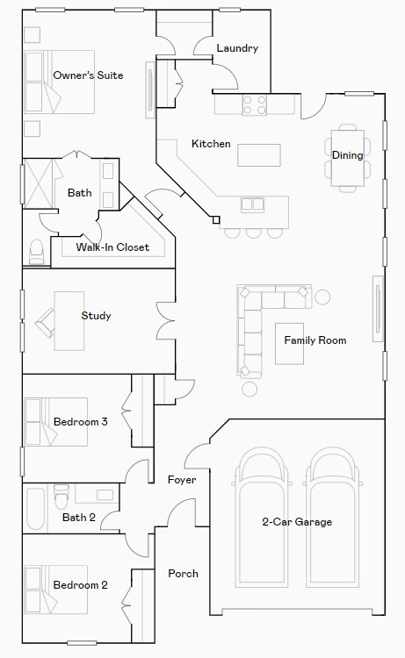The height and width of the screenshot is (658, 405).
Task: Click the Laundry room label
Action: click(x=237, y=48)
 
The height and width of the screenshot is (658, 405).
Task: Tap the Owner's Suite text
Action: click(x=88, y=75)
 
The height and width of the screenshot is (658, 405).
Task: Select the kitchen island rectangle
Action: click(x=259, y=154)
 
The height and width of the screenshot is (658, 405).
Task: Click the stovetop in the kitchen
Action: click(x=255, y=105)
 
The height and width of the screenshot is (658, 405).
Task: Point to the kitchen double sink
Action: click(x=252, y=204)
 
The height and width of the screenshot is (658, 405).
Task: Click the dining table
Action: click(x=347, y=158)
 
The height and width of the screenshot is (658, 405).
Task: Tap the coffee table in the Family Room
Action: click(x=289, y=343)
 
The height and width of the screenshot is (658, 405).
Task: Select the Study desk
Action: click(x=69, y=320)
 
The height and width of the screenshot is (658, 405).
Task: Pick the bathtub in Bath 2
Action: click(x=35, y=509)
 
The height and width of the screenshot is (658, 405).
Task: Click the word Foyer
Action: click(x=182, y=480)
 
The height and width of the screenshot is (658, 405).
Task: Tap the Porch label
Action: click(x=184, y=574)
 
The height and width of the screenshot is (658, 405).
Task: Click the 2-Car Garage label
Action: click(x=297, y=522)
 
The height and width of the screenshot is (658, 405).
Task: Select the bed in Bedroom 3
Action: click(x=56, y=422)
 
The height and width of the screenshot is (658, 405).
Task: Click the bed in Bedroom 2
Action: click(x=56, y=590)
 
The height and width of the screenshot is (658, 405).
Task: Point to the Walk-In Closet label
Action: click(x=112, y=247)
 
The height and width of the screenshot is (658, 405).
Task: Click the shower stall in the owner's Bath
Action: click(x=39, y=183)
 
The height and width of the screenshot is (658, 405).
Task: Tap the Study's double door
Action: click(x=166, y=320)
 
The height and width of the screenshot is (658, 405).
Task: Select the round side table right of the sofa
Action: click(x=322, y=297)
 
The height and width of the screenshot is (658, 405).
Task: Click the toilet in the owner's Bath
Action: click(x=36, y=252)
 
